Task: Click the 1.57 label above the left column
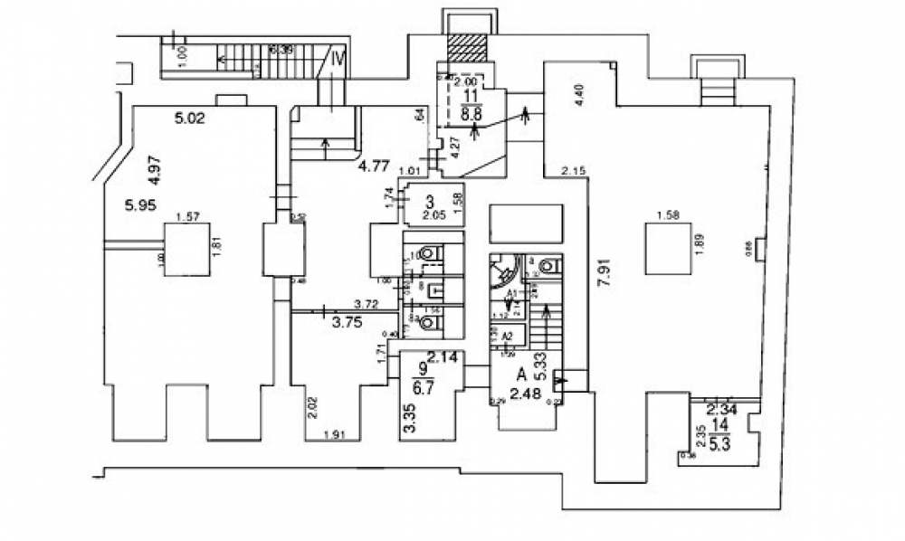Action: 187,216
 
